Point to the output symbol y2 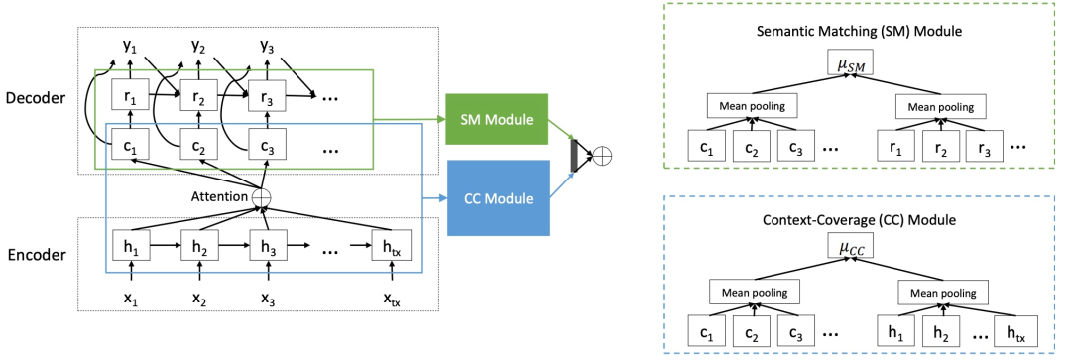click(197, 47)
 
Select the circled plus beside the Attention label click(262, 198)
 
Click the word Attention click(217, 197)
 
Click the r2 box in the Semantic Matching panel click(943, 151)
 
